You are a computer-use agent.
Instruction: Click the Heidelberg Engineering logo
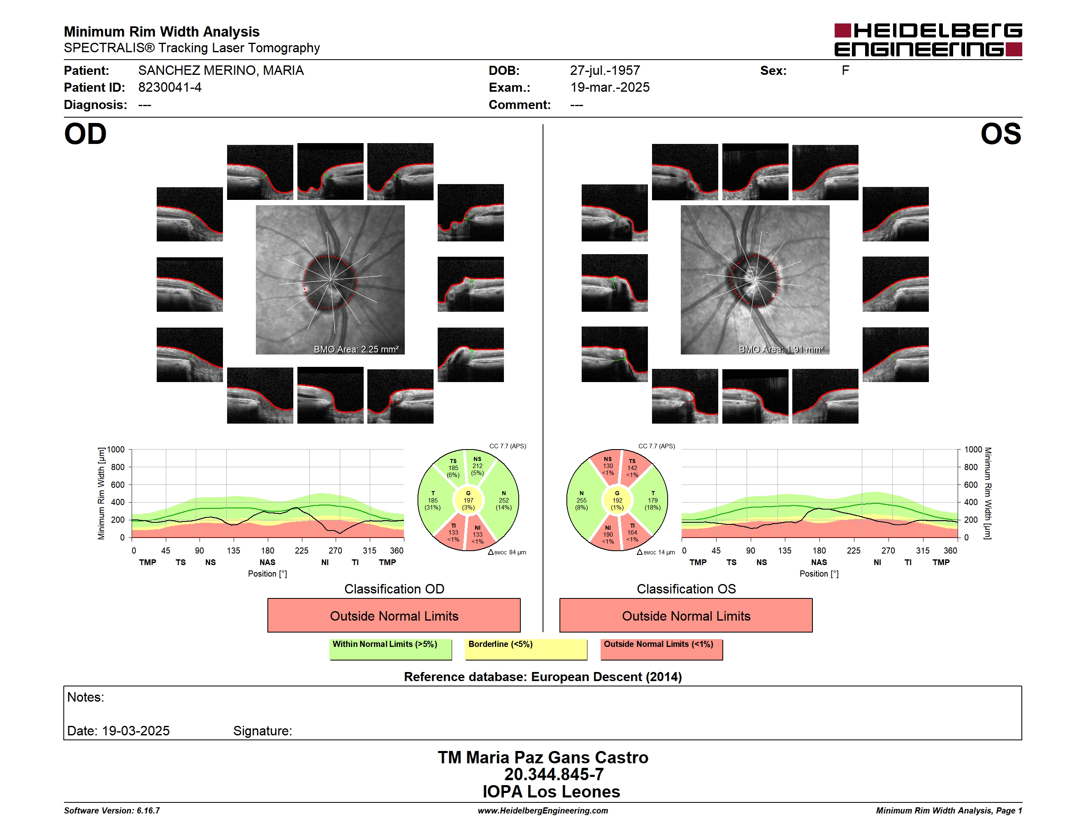[928, 40]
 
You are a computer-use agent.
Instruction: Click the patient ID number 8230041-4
[169, 88]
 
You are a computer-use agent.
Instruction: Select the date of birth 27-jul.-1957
[605, 71]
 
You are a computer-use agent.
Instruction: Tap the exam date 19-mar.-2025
[610, 88]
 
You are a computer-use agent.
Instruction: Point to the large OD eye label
[85, 134]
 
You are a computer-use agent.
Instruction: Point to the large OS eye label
[1000, 134]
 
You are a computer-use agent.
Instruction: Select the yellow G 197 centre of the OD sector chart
[468, 501]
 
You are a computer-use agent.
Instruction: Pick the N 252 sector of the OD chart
[503, 501]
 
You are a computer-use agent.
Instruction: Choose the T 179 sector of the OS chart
[652, 501]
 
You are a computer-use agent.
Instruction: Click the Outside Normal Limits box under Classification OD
[394, 615]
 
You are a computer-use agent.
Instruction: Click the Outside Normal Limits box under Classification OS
[686, 615]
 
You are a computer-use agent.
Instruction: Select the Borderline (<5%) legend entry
[526, 649]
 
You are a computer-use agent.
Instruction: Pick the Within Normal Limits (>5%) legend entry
[390, 649]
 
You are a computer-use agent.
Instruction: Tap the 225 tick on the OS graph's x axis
[853, 551]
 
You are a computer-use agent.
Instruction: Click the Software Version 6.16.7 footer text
[112, 811]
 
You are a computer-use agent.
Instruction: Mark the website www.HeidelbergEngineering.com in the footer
[543, 811]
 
